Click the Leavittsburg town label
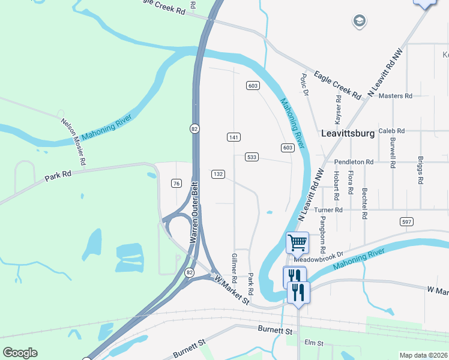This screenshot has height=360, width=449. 348,133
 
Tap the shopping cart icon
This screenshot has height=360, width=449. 298,243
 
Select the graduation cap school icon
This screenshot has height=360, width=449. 360,21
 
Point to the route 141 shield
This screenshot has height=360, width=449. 234,137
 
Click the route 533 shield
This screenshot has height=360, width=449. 252,157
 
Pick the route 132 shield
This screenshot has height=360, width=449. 218,174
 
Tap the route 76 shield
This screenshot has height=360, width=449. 176,183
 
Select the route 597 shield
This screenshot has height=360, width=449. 408,222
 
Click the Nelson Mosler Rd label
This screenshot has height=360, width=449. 73,142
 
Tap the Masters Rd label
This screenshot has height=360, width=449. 396,96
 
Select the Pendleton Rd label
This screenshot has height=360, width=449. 354,162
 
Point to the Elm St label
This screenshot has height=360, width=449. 314,343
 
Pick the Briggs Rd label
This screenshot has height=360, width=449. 420,172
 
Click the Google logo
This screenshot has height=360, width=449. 20,353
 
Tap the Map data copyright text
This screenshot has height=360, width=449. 423,355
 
